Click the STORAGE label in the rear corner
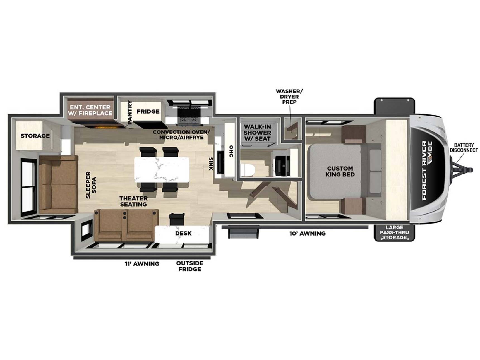coord(35,136)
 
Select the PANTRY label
coord(129,112)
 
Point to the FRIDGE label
coord(148,112)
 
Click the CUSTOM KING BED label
coord(340,171)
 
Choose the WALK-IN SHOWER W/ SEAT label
coord(257,133)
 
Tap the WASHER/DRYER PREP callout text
coord(289,97)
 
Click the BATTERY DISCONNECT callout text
coord(464,147)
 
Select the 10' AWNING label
coord(307,233)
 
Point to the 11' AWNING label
coord(142,263)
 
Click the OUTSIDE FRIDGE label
coord(189,266)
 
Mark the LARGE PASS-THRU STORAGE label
coord(394,232)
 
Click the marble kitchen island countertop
coord(162,170)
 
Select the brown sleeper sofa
coord(58,185)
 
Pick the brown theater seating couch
coord(126,225)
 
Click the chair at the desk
coord(177,219)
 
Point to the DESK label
coord(183,233)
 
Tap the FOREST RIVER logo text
coord(424,170)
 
